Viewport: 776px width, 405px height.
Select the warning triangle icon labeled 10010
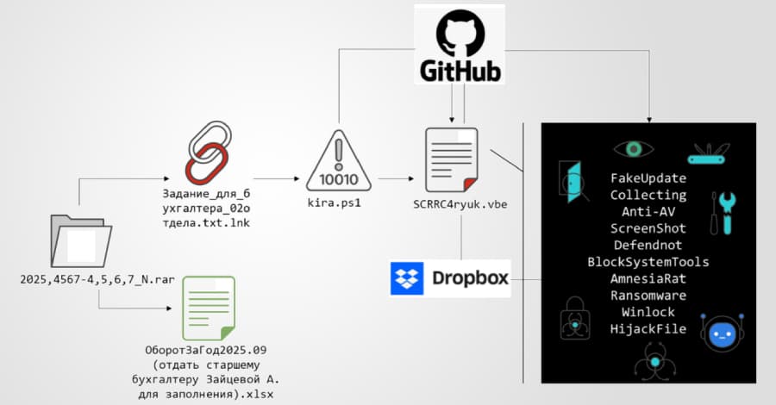click(x=339, y=161)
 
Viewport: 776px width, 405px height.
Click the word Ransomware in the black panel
click(x=648, y=296)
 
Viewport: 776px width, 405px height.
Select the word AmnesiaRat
click(x=648, y=278)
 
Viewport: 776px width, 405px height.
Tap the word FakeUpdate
click(x=648, y=178)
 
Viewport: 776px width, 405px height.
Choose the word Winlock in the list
click(x=648, y=312)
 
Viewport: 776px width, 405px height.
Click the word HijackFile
click(x=648, y=328)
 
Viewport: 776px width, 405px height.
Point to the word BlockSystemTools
click(x=648, y=262)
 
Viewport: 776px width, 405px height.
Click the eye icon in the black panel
click(x=635, y=150)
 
